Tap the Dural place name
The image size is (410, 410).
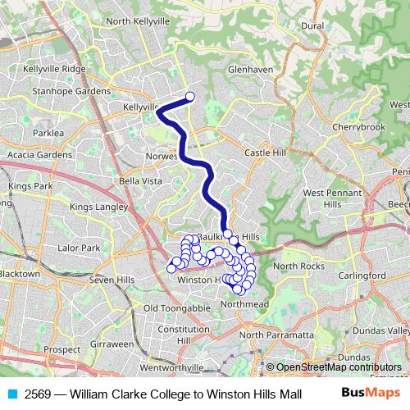312,26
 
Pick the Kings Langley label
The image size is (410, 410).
98,207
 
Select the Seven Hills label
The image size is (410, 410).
112,280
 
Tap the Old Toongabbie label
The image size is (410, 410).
171,308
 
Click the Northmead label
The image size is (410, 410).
244,303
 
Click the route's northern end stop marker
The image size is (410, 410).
190,97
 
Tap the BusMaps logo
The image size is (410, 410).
366,393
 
